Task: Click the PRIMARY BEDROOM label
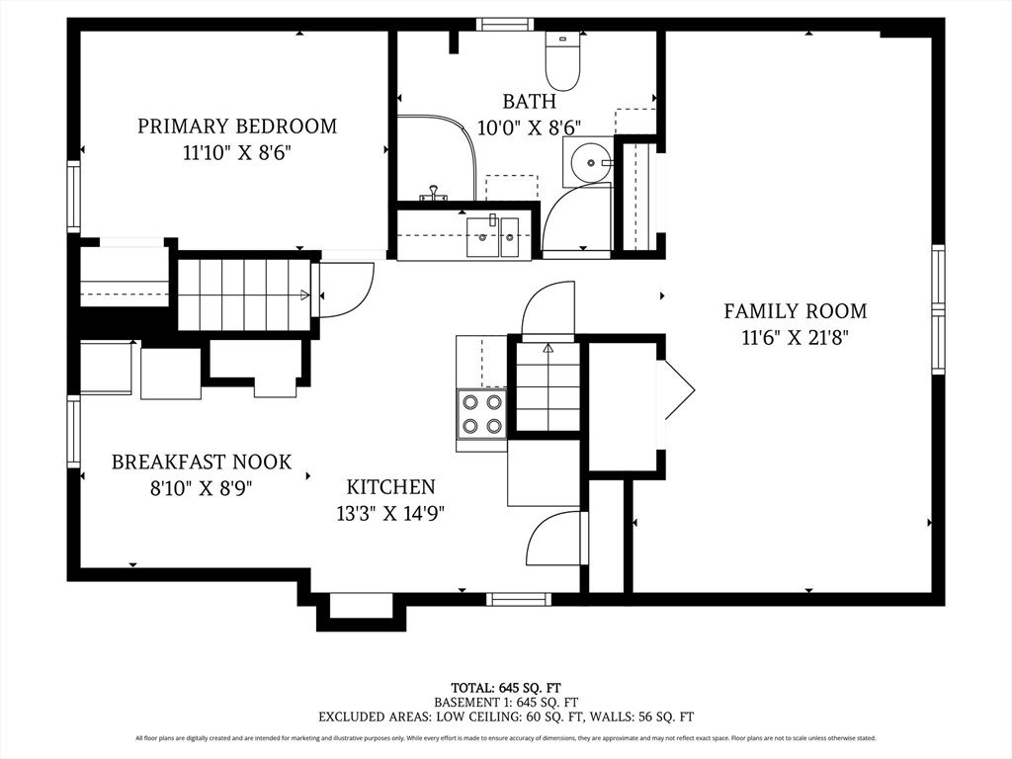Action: tap(237, 126)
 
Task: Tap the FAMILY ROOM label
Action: tap(796, 311)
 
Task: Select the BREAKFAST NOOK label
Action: tap(202, 463)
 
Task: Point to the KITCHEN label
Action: tap(391, 486)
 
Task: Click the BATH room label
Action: tap(530, 102)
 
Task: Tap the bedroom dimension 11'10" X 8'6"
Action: tap(237, 153)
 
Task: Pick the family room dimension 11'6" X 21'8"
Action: tap(796, 338)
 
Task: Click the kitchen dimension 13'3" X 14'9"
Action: tap(391, 514)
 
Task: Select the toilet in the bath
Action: tap(562, 60)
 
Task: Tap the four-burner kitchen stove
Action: tap(481, 413)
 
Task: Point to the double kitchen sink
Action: tap(492, 237)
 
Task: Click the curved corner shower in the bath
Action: tap(436, 159)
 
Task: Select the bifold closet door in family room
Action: tap(679, 389)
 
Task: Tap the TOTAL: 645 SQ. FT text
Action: tap(506, 688)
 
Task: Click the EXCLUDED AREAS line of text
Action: tap(506, 717)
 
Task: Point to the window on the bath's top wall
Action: tap(505, 25)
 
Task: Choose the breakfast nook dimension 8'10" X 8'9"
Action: tap(202, 488)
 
